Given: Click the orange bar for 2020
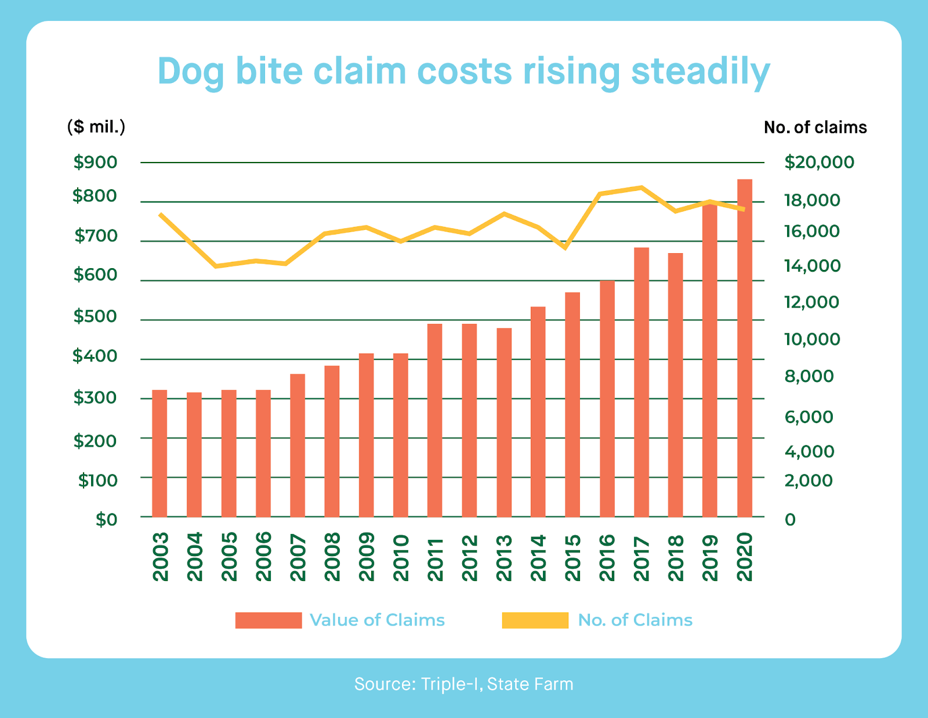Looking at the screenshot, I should (x=744, y=348).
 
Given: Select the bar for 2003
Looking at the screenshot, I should (x=159, y=453).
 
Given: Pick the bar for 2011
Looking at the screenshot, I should (x=435, y=420).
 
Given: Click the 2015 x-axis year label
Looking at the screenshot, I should (x=572, y=558).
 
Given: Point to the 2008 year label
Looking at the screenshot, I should (x=332, y=558).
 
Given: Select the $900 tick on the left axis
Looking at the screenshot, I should (x=95, y=163).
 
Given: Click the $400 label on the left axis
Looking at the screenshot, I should (x=95, y=356).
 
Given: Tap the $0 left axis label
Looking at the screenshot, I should (x=106, y=519).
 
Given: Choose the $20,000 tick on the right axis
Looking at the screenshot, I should (x=819, y=163).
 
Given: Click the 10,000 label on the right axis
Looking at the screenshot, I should (x=812, y=340).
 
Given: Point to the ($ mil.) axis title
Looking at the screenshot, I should (x=96, y=127).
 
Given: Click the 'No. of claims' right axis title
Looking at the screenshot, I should (x=815, y=128).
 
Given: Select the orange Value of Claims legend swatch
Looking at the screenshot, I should (x=269, y=620).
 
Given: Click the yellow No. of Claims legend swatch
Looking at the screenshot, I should (x=535, y=620).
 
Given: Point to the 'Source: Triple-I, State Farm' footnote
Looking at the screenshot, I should (x=463, y=684).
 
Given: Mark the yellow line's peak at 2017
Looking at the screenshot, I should (x=641, y=187).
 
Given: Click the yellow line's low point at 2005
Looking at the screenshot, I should (x=216, y=266).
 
